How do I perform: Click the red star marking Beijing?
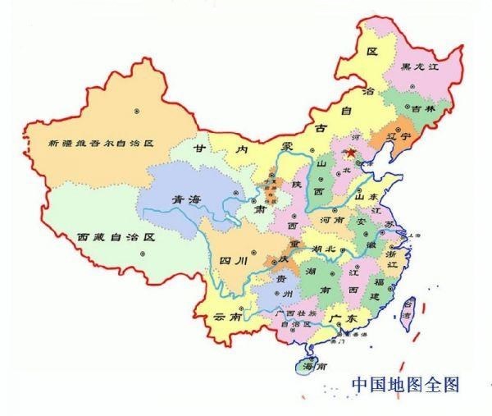(x=350, y=153)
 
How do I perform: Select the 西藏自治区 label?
(x=116, y=235)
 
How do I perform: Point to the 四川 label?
(x=234, y=262)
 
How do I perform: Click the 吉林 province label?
(x=424, y=109)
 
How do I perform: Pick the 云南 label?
(x=227, y=316)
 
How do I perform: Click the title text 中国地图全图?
(x=405, y=383)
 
